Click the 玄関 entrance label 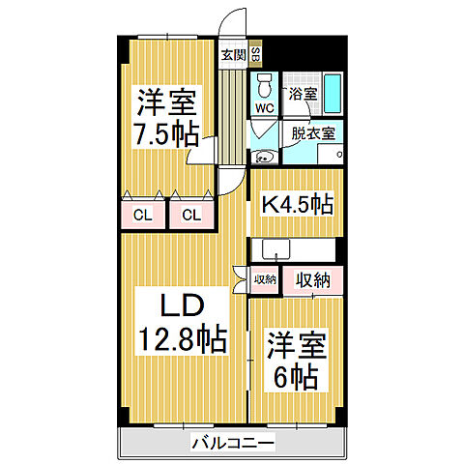(x=233, y=54)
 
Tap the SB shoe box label (x=255, y=54)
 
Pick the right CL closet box (x=191, y=214)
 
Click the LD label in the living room (x=180, y=305)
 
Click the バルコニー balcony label (x=232, y=443)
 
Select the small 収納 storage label (x=264, y=280)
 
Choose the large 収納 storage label (x=314, y=280)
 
